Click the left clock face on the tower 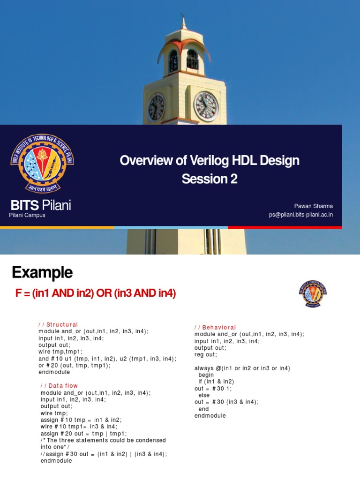(156, 107)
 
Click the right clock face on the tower (206, 106)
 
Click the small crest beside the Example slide (313, 294)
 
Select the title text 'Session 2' (210, 179)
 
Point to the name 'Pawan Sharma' (314, 206)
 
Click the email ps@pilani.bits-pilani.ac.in (301, 215)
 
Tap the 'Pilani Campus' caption (27, 215)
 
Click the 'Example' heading (42, 272)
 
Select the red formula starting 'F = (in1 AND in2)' (96, 293)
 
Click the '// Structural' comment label (58, 324)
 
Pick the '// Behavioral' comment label (215, 327)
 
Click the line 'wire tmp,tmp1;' (60, 352)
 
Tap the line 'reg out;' (206, 355)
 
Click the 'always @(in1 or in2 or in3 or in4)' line (242, 368)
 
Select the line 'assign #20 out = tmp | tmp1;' (84, 434)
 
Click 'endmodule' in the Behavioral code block (210, 416)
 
